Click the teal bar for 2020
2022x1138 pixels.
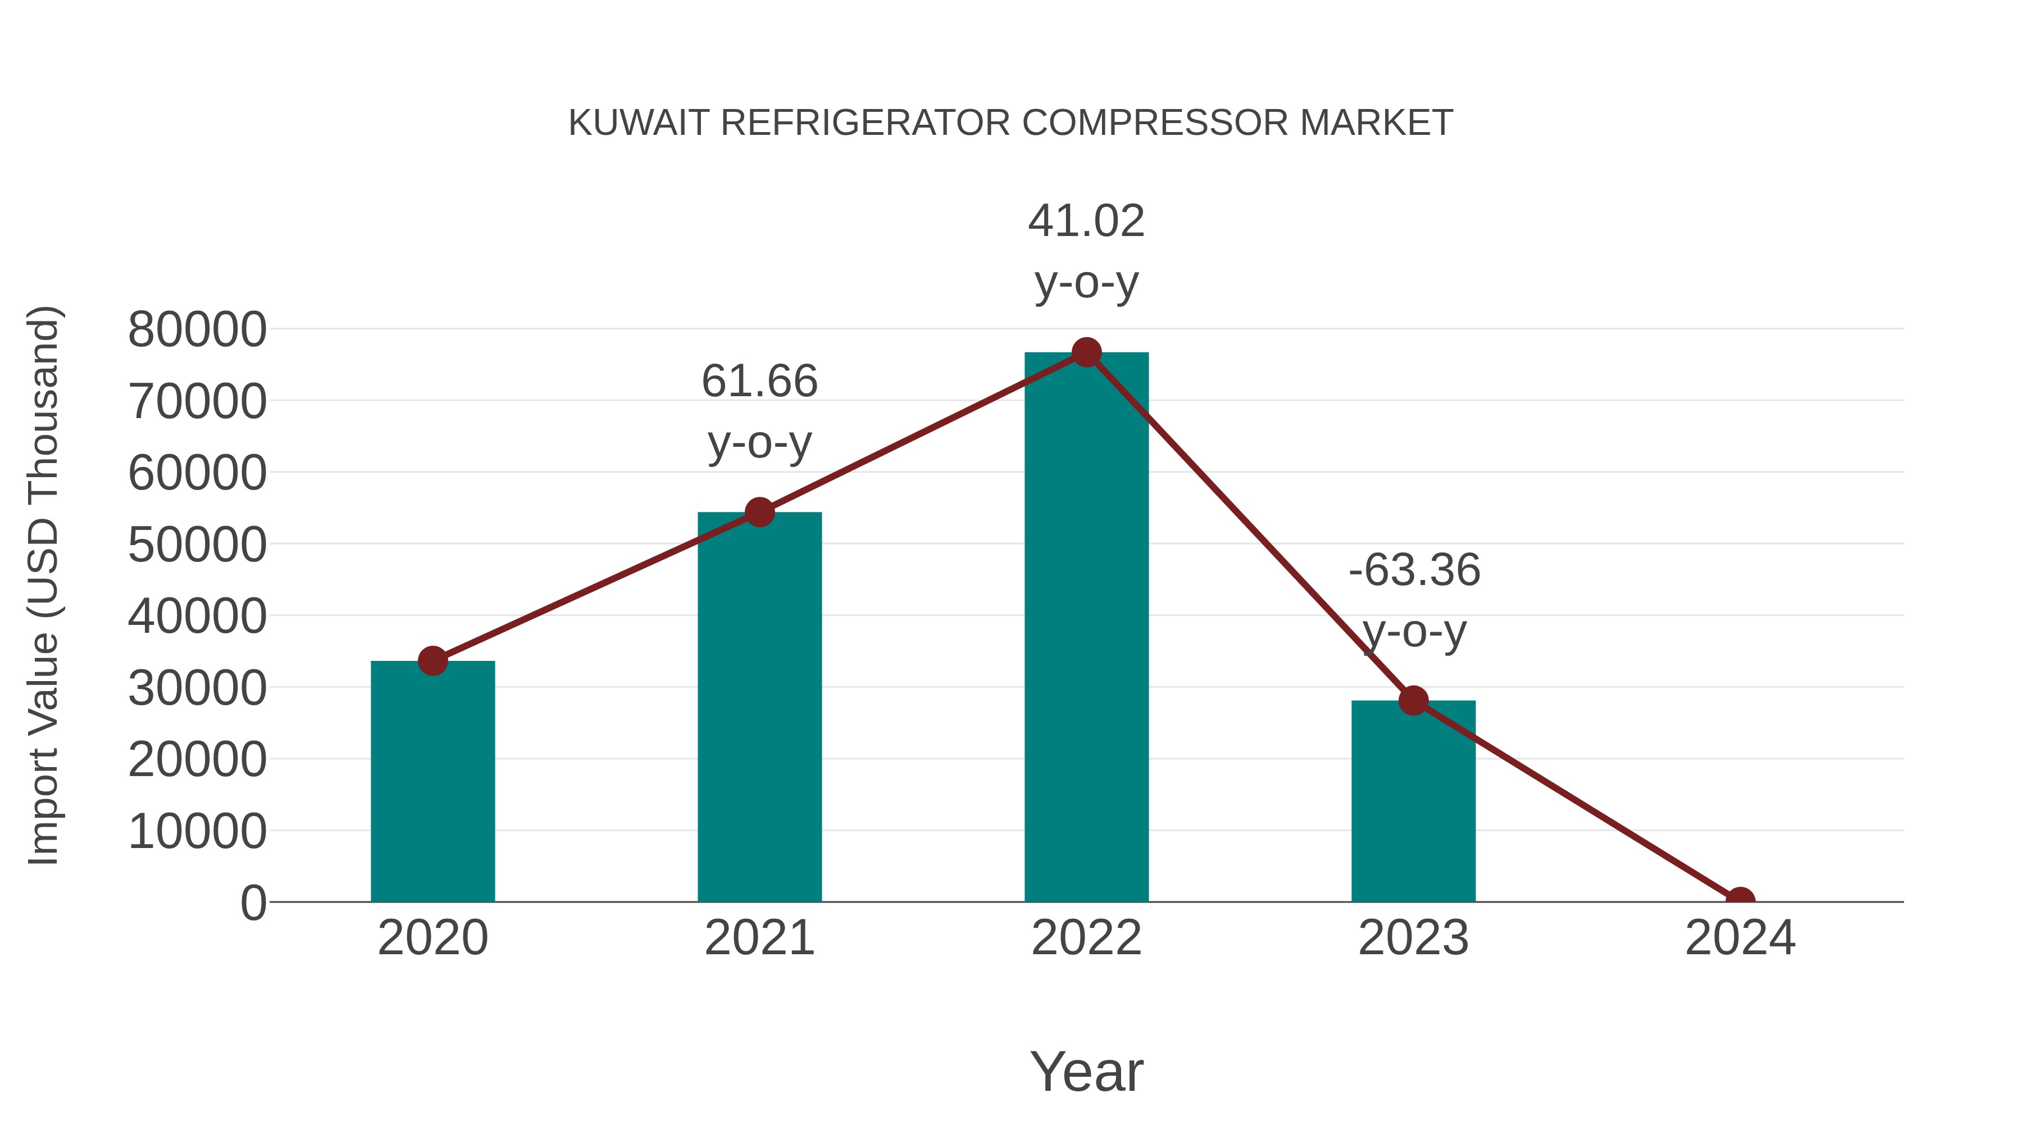(432, 782)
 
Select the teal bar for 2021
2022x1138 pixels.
(759, 707)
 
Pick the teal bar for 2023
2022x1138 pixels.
(1413, 801)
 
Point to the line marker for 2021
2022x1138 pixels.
(759, 512)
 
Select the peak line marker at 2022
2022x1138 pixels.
(1086, 352)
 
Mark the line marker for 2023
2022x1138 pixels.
(1413, 700)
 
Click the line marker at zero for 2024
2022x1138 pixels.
(1740, 900)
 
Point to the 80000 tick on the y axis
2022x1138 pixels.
(197, 329)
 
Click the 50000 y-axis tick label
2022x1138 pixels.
(197, 544)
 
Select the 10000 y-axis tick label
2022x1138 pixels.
(197, 831)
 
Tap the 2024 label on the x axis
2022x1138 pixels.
(1740, 938)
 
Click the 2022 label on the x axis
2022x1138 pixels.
(1086, 938)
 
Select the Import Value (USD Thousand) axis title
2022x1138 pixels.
(43, 586)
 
